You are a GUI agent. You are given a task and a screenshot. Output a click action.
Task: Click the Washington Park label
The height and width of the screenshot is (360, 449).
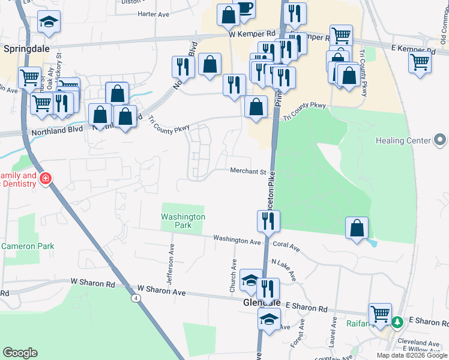183,221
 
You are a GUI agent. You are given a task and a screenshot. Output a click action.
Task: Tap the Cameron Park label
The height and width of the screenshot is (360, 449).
28,246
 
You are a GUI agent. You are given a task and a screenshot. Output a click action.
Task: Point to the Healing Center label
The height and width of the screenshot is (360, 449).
403,141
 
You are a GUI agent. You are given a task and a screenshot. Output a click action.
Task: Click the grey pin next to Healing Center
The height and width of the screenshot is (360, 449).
440,141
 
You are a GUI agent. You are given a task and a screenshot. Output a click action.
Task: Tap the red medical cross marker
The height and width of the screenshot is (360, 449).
45,178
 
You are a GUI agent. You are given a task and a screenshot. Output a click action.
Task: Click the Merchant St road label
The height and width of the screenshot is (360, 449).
248,172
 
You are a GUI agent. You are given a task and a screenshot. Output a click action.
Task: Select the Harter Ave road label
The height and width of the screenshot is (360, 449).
155,13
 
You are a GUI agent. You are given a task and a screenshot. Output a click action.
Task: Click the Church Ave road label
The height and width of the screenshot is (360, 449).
234,275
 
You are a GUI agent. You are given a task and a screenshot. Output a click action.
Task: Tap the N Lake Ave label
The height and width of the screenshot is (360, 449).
284,269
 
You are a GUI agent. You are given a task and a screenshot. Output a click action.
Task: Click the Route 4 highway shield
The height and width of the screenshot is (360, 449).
137,298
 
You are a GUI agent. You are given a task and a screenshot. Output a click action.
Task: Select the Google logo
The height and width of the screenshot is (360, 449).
20,353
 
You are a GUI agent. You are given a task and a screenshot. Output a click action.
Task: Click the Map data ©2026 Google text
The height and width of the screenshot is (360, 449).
411,355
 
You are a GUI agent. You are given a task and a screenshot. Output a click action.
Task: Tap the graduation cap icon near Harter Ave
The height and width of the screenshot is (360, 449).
49,23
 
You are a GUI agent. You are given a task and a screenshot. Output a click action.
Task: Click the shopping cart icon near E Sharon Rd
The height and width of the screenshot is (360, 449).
380,314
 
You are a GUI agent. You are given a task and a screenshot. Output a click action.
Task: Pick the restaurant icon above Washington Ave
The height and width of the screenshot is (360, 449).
268,221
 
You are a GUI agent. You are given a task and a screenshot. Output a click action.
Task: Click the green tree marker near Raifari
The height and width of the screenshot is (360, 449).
397,322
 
